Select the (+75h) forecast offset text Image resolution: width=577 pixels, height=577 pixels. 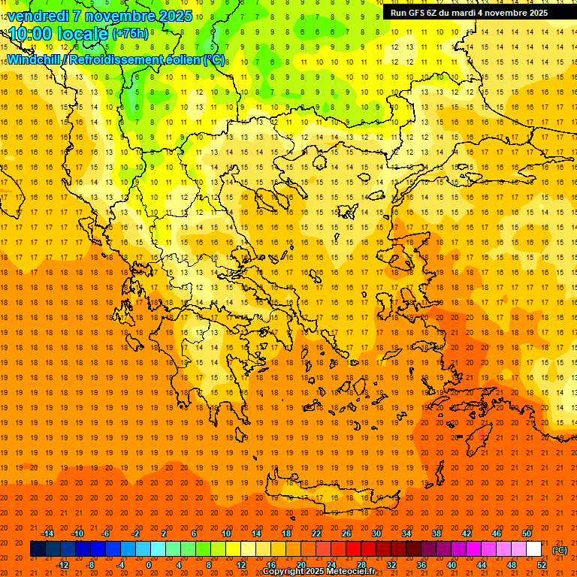[x=130, y=34]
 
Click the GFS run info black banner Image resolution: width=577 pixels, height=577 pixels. [x=470, y=13]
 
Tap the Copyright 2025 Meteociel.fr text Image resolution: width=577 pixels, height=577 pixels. [x=319, y=572]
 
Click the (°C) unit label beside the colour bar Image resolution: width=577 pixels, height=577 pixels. [x=559, y=550]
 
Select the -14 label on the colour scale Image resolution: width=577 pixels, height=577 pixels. [x=47, y=533]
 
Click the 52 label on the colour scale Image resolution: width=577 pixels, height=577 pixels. [x=542, y=564]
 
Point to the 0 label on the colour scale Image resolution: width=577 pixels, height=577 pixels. [x=149, y=564]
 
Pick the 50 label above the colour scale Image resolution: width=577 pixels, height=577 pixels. [x=527, y=533]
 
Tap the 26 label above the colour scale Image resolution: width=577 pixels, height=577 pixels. [x=346, y=533]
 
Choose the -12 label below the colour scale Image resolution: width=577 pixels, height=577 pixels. [x=62, y=564]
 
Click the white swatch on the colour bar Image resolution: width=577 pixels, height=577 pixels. [x=534, y=549]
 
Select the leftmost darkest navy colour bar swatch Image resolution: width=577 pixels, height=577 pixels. [x=38, y=549]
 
